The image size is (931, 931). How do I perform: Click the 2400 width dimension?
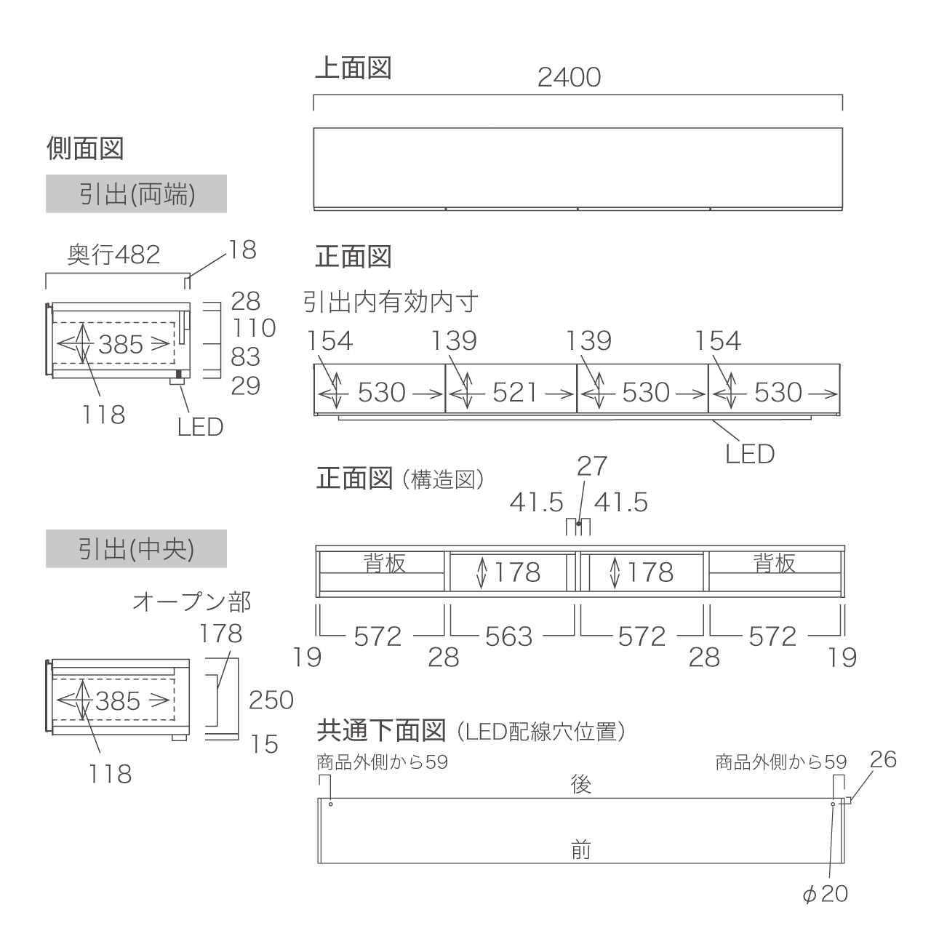tap(569, 78)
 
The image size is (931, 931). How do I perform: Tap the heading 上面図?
tap(353, 68)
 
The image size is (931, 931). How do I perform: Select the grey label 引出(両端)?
tap(137, 193)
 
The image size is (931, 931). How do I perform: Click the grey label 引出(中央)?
tap(137, 549)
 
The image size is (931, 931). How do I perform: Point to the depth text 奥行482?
tap(113, 255)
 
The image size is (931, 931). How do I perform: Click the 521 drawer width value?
tap(514, 392)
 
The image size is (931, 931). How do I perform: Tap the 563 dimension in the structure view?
tap(508, 636)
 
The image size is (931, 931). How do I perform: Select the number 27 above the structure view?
tap(592, 466)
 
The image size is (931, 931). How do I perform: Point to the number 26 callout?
tap(883, 759)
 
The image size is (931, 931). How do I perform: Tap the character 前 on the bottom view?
tap(580, 850)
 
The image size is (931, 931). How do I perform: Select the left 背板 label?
tap(385, 563)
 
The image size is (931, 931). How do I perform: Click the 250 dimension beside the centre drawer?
tap(271, 700)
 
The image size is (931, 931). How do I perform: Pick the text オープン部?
tap(192, 602)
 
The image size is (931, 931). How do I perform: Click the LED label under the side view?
tap(201, 427)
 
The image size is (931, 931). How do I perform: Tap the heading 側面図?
tap(85, 148)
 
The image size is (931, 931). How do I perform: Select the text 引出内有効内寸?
tap(391, 302)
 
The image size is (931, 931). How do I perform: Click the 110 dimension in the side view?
tap(254, 328)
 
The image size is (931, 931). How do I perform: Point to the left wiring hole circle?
tap(330, 804)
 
